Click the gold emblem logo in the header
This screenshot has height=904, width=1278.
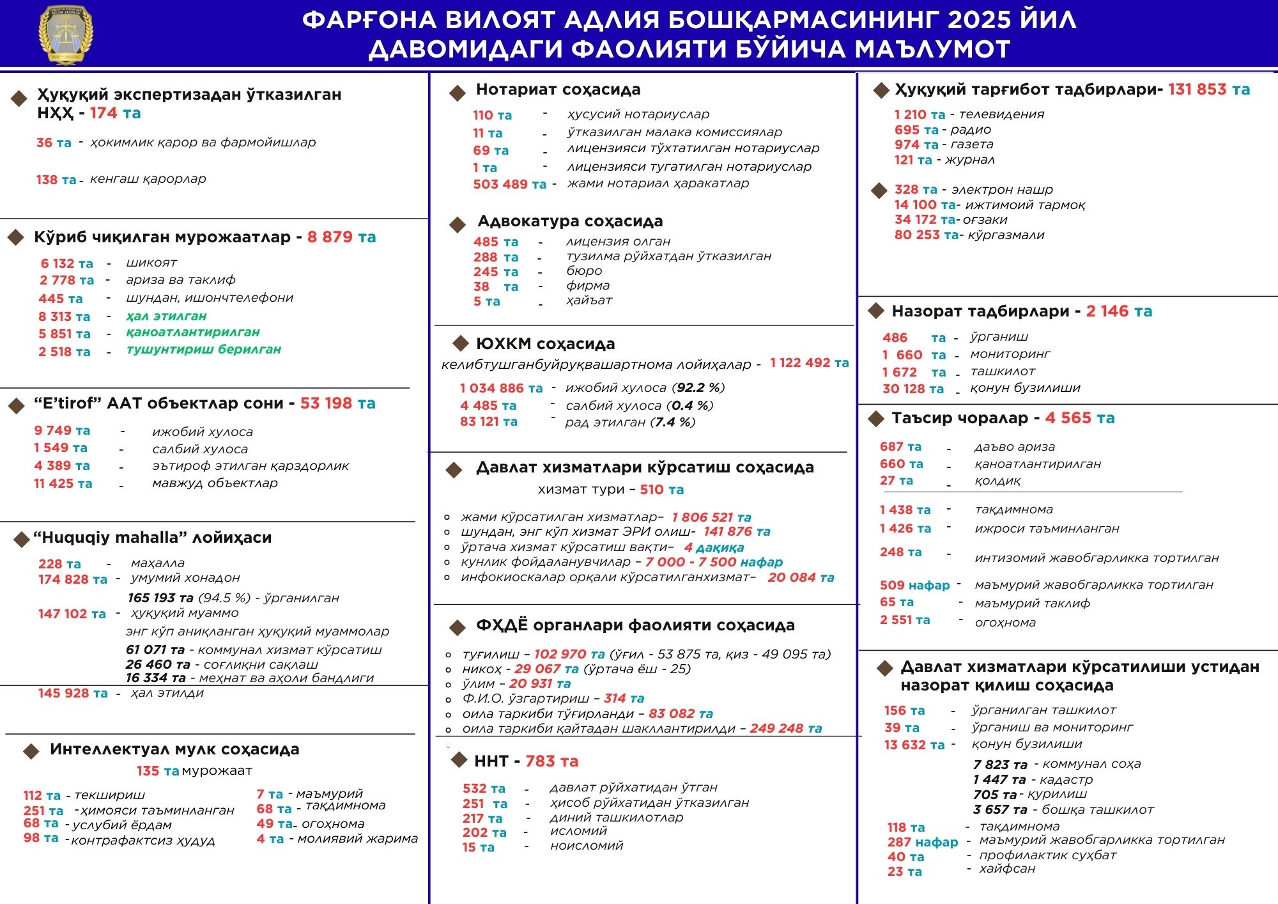[66, 35]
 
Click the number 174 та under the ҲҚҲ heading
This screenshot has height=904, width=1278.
[115, 113]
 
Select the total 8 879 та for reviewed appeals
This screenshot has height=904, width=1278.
[341, 237]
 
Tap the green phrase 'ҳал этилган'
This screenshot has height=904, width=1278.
[166, 316]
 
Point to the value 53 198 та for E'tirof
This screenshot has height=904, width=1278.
[337, 403]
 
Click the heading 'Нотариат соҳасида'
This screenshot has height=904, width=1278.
[558, 90]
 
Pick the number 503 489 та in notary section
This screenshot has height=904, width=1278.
[509, 184]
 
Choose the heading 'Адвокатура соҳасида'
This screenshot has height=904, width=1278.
[570, 221]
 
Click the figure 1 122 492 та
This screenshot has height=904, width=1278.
[809, 362]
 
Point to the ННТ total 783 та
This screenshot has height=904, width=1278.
[551, 761]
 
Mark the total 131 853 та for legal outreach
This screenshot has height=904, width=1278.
[1209, 90]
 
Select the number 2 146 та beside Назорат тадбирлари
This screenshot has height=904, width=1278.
[1119, 311]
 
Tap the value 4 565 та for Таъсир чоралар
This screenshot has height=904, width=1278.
[1080, 418]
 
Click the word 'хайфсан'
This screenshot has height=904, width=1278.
[1007, 869]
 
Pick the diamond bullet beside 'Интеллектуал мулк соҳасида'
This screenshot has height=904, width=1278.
[31, 751]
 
